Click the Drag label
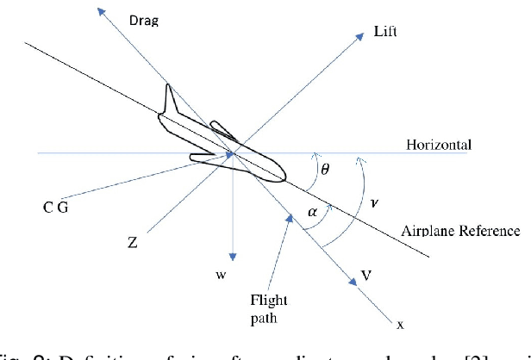pos(143,19)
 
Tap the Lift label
pos(385,32)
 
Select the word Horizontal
pos(439,145)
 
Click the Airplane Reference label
pos(460,231)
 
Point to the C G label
pos(63,209)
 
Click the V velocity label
pos(367,277)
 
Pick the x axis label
pos(399,325)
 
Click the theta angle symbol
pos(324,169)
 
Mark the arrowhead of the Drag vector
pos(102,11)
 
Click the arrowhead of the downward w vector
pos(232,258)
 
